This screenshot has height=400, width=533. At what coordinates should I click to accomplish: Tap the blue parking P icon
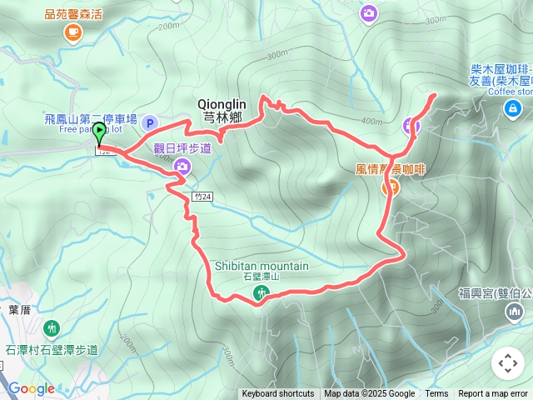151,122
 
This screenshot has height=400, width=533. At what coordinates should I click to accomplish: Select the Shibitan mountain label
262,266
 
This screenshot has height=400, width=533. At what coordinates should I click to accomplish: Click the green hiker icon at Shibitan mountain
262,292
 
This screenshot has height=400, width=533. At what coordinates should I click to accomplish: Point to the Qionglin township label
220,110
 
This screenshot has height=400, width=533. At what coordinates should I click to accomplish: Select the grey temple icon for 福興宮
515,312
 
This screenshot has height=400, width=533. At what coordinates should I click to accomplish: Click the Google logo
31,388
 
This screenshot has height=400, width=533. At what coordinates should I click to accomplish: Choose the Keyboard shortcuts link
278,394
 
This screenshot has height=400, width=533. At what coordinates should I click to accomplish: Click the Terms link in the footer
436,394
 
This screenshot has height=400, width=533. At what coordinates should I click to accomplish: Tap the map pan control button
507,363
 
